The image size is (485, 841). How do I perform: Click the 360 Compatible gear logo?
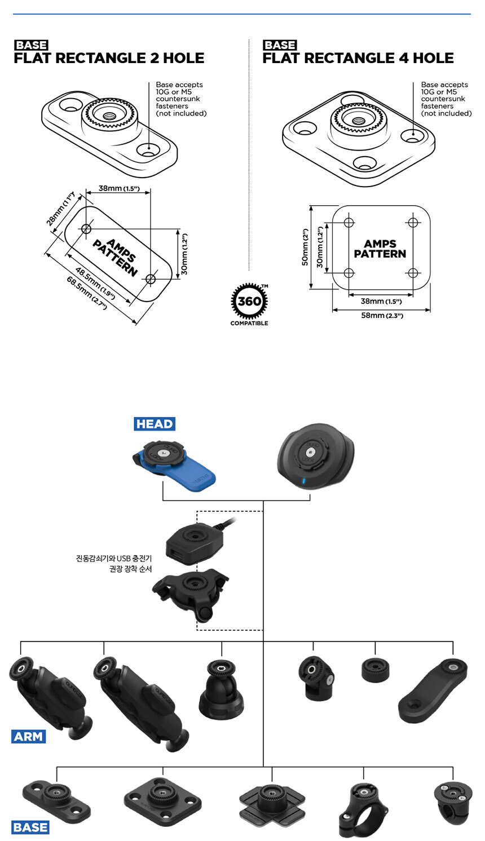249,303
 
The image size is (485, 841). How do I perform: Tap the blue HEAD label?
155,424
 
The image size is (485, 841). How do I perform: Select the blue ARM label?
29,736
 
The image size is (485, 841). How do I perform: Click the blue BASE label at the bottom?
30,827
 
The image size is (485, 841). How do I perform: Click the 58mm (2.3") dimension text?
382,316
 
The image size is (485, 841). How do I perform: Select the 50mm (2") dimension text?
305,247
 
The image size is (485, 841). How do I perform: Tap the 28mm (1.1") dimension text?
60,208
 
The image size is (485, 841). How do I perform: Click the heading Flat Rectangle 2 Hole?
109,58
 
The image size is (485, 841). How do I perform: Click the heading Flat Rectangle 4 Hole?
358,58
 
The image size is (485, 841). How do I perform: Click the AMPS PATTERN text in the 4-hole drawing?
380,249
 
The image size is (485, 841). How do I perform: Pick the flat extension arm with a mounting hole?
433,690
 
